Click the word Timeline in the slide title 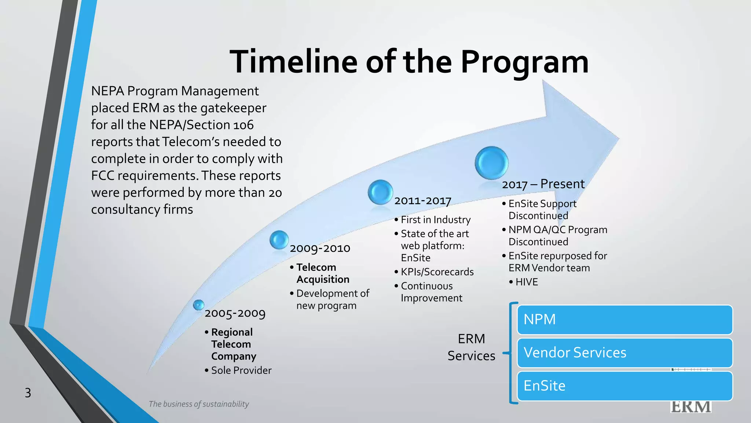pos(293,62)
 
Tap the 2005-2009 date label pos(235,313)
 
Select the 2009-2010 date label pos(320,248)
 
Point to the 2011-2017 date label pos(422,201)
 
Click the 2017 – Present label pos(543,184)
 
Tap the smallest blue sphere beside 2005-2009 pos(198,305)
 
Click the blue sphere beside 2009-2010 pos(279,240)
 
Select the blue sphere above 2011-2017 pos(380,192)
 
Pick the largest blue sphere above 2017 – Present pos(491,163)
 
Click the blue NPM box pos(624,319)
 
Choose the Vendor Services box pos(624,352)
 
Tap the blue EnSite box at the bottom pos(624,386)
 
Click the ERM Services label pos(471,347)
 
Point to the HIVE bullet pos(526,282)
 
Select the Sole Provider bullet pos(241,370)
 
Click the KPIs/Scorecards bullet pos(437,272)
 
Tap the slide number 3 pos(28,393)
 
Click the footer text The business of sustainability pos(198,404)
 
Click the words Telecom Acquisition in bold pos(322,273)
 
